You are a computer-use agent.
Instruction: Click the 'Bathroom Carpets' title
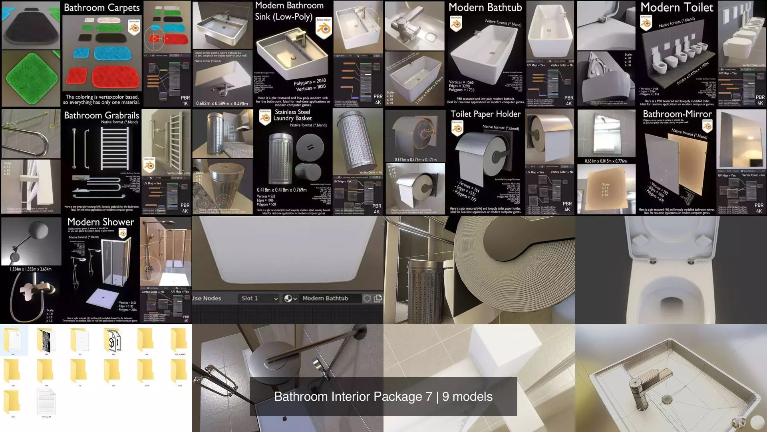pyautogui.click(x=101, y=8)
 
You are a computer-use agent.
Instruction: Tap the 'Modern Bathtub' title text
pyautogui.click(x=485, y=8)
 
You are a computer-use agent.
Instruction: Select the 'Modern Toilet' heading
pyautogui.click(x=677, y=8)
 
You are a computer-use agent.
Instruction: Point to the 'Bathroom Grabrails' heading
pyautogui.click(x=101, y=116)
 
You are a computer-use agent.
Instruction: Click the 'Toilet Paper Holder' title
pyautogui.click(x=485, y=114)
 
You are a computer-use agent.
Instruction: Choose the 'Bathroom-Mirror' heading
pyautogui.click(x=677, y=114)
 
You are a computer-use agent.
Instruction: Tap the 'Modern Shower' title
pyautogui.click(x=101, y=222)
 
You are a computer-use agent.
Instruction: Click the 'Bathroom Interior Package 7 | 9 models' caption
pyautogui.click(x=383, y=396)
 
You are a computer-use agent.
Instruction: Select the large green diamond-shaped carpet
pyautogui.click(x=30, y=78)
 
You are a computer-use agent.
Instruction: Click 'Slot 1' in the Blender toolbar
pyautogui.click(x=250, y=298)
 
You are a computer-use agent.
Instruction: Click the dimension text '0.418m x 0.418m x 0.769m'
pyautogui.click(x=282, y=190)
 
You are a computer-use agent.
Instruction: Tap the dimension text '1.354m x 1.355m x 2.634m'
pyautogui.click(x=31, y=269)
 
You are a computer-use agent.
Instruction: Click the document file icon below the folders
pyautogui.click(x=46, y=402)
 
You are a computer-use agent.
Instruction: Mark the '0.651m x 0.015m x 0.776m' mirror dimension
pyautogui.click(x=606, y=161)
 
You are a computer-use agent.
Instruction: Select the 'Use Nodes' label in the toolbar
pyautogui.click(x=207, y=298)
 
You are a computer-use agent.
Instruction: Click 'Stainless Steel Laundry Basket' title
pyautogui.click(x=293, y=115)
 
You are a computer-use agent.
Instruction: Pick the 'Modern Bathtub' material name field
pyautogui.click(x=325, y=298)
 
